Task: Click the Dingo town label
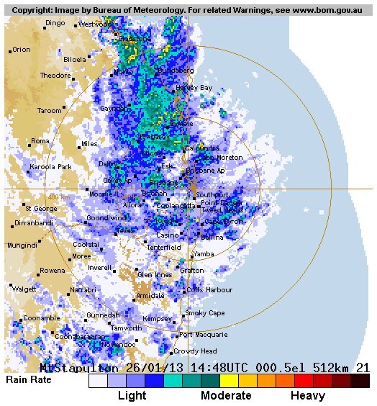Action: click(55, 23)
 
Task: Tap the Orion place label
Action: click(22, 50)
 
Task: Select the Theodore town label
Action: click(55, 76)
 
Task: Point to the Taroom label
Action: click(50, 111)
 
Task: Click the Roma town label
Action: click(40, 141)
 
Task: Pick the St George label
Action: click(41, 209)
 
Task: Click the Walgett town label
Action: click(24, 289)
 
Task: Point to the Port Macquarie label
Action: click(203, 335)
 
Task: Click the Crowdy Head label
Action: click(195, 351)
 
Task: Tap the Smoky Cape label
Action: click(205, 313)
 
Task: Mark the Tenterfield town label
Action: click(165, 247)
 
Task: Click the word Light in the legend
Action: click(132, 395)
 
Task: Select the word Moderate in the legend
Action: click(226, 395)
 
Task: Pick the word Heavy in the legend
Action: click(308, 395)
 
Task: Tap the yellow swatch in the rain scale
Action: click(229, 381)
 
